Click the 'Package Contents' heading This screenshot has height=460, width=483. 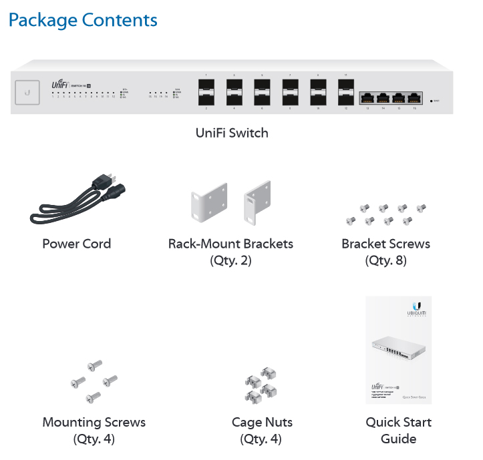(83, 20)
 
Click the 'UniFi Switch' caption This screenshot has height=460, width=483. (232, 133)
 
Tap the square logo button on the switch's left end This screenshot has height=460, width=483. (27, 92)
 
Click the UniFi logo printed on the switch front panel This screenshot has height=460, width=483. (61, 85)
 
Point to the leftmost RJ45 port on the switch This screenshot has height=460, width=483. (367, 97)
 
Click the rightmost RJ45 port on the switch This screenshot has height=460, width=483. (415, 97)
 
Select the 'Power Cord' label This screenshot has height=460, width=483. (77, 244)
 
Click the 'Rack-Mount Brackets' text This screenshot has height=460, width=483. (230, 244)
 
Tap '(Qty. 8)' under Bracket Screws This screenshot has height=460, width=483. (385, 260)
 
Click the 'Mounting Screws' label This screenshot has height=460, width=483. (94, 423)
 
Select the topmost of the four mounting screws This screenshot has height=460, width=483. (96, 365)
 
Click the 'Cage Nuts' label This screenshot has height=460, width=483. (262, 423)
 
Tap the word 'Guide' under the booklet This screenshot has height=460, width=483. (398, 439)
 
